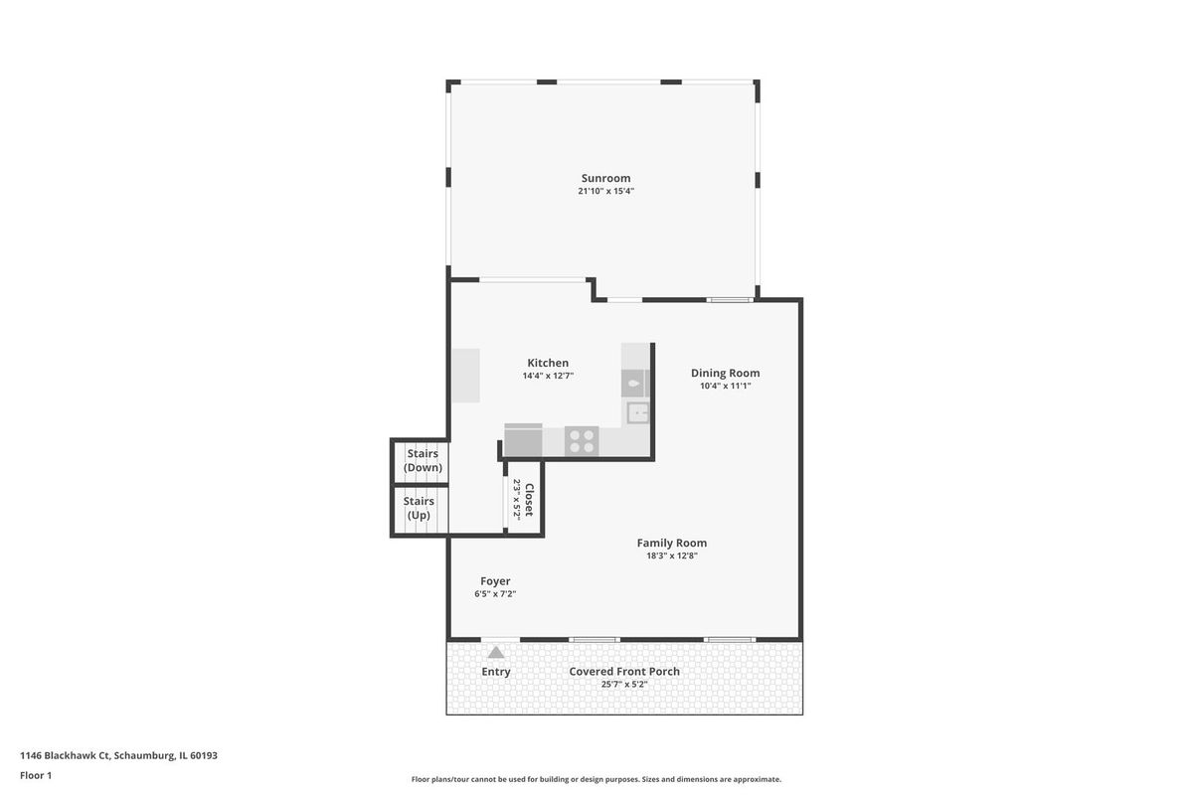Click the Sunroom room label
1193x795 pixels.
(x=605, y=179)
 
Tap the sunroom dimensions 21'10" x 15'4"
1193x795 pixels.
(x=606, y=191)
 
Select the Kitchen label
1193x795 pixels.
(x=548, y=363)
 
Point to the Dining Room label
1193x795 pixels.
(x=725, y=374)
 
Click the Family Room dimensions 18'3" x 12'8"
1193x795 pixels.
(x=672, y=556)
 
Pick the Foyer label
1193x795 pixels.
(x=495, y=581)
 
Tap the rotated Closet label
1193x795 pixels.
(x=529, y=500)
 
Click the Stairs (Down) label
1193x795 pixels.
(x=423, y=460)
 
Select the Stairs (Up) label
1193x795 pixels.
(x=419, y=509)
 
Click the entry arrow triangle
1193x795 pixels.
(x=496, y=652)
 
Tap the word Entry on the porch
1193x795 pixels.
(x=496, y=672)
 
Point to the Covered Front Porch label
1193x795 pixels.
(x=624, y=672)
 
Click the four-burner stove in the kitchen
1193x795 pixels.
(x=582, y=441)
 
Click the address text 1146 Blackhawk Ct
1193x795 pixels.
(x=65, y=755)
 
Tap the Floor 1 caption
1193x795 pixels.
(x=36, y=776)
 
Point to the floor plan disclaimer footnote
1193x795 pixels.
(x=596, y=779)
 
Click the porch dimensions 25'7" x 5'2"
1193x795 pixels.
(x=624, y=685)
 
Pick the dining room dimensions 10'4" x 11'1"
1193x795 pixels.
(x=725, y=386)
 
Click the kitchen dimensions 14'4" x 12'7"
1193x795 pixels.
(x=548, y=376)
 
